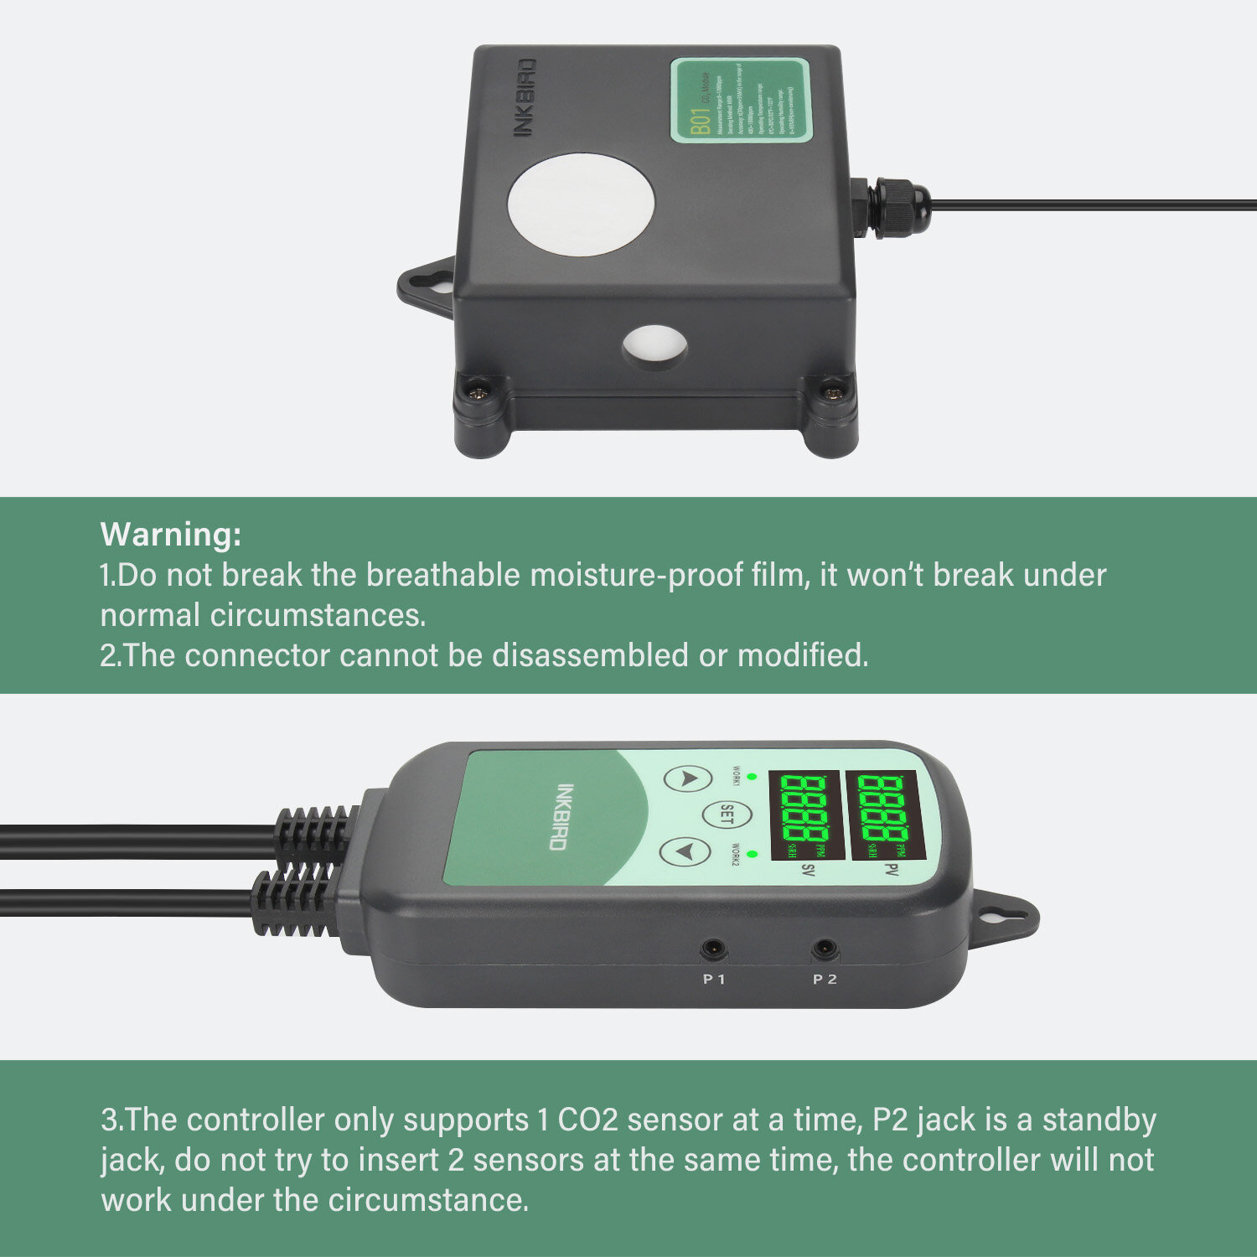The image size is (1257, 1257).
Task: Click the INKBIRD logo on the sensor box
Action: [x=524, y=98]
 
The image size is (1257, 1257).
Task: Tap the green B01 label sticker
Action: [x=742, y=101]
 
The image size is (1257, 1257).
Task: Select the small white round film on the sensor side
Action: [x=654, y=348]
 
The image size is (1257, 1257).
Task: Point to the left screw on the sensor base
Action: [x=480, y=389]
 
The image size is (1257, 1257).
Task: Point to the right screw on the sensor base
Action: [x=832, y=390]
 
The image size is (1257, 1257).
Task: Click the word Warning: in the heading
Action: [x=171, y=534]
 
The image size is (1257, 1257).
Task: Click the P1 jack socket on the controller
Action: [x=713, y=949]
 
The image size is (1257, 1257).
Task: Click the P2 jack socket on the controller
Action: [x=825, y=949]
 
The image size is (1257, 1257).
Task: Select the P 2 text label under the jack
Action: [x=825, y=979]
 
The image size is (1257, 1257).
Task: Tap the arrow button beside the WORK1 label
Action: [x=688, y=779]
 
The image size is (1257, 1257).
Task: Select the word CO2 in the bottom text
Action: [x=587, y=1120]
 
